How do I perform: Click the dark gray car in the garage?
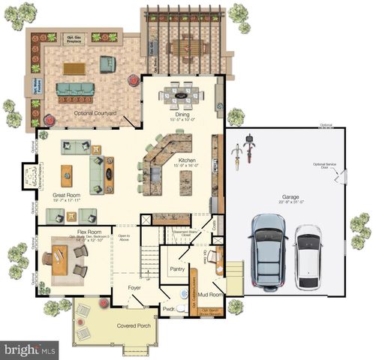tap(268, 253)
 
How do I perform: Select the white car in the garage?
tap(308, 256)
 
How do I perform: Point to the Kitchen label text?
tap(186, 160)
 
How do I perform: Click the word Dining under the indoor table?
tap(183, 114)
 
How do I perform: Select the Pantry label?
tap(178, 268)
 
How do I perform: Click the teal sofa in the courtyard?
tap(76, 90)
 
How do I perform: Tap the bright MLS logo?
tap(30, 349)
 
